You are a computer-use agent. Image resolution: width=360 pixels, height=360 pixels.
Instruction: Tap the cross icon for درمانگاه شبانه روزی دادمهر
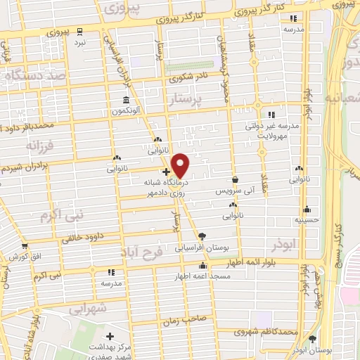click(x=165, y=171)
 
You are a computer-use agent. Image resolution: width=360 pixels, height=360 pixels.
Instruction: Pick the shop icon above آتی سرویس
click(x=234, y=179)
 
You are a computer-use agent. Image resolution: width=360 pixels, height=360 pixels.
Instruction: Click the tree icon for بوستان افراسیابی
click(x=202, y=236)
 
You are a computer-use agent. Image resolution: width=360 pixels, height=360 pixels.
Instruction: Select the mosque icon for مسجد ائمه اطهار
click(x=202, y=266)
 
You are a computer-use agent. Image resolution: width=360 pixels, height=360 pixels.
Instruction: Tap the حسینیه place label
click(x=307, y=219)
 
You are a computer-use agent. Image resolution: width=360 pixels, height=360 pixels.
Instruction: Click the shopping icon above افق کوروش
click(x=25, y=246)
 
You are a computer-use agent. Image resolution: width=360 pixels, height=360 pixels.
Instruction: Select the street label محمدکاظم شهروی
click(x=265, y=330)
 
